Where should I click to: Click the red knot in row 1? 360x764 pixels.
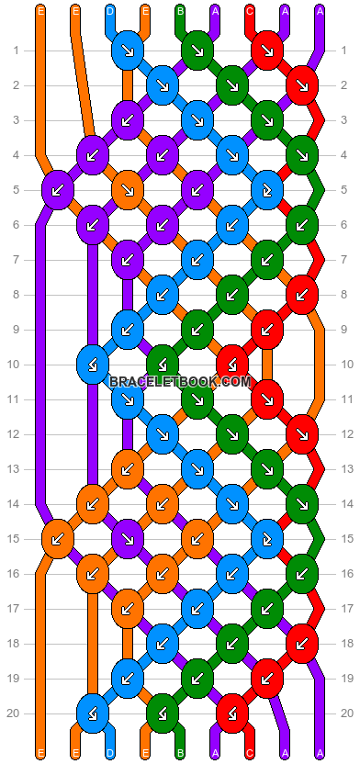[267, 50]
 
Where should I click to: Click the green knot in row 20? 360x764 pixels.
[163, 712]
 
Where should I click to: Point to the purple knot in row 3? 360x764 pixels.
[128, 119]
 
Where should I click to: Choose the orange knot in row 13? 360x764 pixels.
[128, 468]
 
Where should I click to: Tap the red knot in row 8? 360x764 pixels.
[302, 295]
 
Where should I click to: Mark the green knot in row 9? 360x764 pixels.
[197, 329]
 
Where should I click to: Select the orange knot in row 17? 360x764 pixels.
[128, 607]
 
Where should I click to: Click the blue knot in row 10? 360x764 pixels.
[93, 364]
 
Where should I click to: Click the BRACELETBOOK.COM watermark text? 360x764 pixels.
[180, 381]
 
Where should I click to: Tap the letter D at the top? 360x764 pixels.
[110, 11]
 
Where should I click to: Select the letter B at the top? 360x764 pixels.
[180, 11]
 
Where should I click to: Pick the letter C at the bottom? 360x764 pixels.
[250, 754]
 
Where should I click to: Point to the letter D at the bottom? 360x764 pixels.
[110, 754]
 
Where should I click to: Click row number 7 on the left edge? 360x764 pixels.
[17, 260]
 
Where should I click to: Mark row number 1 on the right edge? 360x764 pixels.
[343, 51]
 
